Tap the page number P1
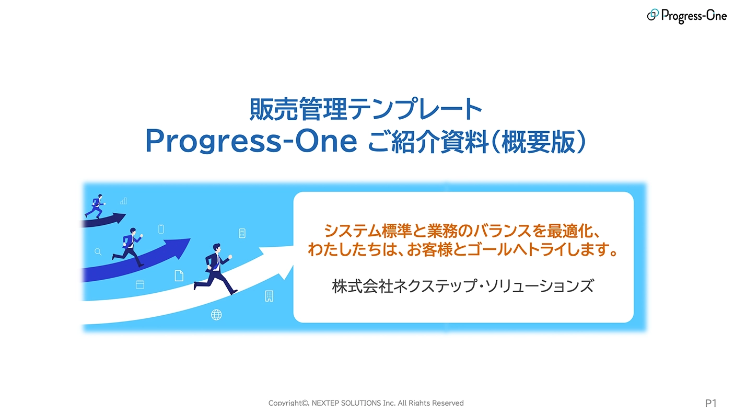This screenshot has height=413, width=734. pyautogui.click(x=710, y=403)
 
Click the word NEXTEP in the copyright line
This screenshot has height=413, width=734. pyautogui.click(x=328, y=403)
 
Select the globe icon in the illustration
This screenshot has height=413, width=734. pyautogui.click(x=216, y=314)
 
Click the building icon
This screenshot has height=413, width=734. pyautogui.click(x=269, y=296)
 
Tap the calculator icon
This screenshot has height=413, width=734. pyautogui.click(x=242, y=233)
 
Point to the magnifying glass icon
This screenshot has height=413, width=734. pyautogui.click(x=98, y=252)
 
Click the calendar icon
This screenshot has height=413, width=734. pyautogui.click(x=140, y=284)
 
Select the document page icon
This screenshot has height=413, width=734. pyautogui.click(x=179, y=276)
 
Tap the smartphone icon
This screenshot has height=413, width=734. pyautogui.click(x=161, y=229)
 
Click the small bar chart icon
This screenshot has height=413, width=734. pyautogui.click(x=124, y=201)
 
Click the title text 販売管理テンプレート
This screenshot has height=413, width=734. pyautogui.click(x=366, y=110)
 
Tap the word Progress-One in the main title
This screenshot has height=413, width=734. pyautogui.click(x=251, y=141)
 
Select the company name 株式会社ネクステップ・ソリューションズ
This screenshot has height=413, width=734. pyautogui.click(x=463, y=286)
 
